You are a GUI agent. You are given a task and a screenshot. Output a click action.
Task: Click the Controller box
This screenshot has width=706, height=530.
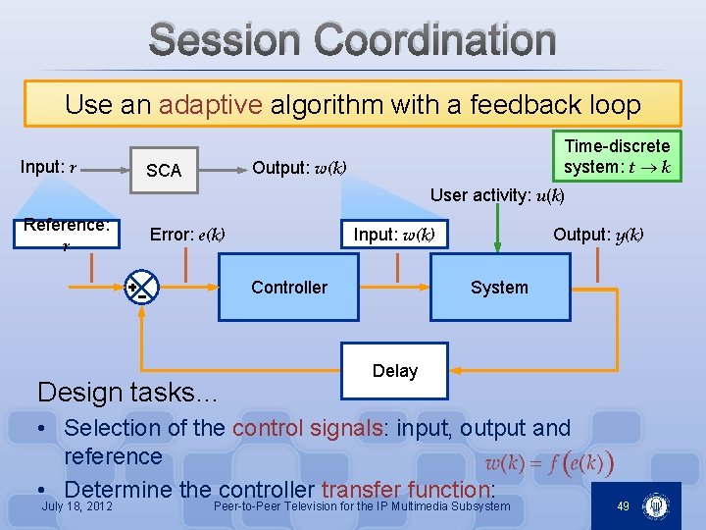288,288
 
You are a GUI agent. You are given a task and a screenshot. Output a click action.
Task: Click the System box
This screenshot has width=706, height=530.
499,288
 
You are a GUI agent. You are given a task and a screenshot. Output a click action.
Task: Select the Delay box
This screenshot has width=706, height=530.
394,371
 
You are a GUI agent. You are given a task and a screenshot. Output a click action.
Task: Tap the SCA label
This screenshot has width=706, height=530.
164,171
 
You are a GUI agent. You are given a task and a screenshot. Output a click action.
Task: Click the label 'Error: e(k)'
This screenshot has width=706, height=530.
187,235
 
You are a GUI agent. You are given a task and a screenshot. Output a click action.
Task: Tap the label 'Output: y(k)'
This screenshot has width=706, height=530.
598,234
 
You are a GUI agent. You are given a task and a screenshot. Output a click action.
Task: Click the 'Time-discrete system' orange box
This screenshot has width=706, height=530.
617,156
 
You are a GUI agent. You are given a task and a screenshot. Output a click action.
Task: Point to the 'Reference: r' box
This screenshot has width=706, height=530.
67,234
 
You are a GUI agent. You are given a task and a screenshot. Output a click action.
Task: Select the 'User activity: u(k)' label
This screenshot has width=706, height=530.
497,195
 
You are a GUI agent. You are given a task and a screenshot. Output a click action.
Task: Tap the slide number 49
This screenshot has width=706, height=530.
623,505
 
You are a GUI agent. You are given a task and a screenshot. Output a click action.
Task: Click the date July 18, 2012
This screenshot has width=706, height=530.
77,506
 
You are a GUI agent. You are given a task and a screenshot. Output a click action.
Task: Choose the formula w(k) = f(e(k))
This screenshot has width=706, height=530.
549,462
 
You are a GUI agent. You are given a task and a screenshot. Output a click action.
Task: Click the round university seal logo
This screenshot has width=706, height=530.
654,506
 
